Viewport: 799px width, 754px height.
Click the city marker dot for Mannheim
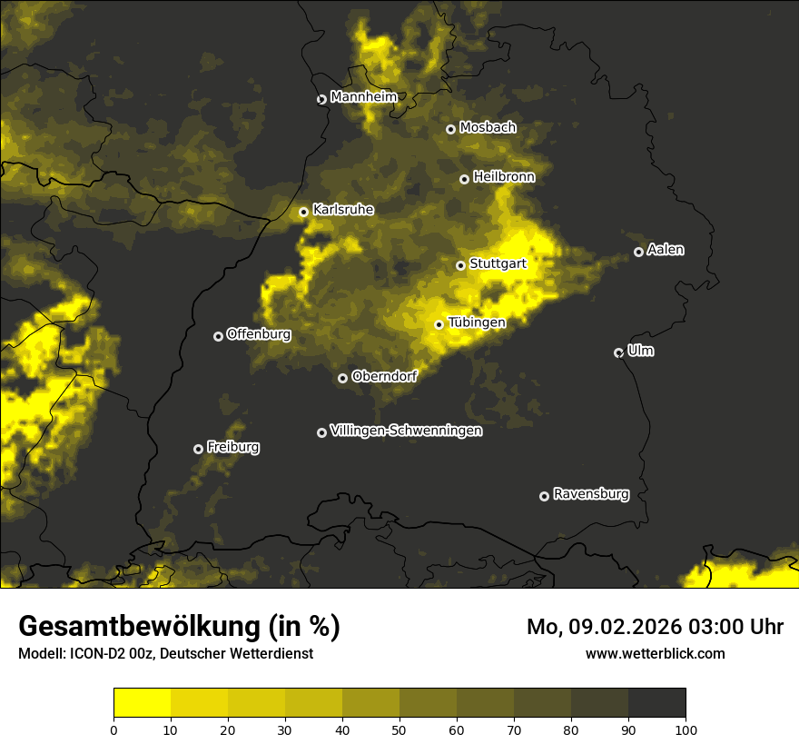[x=321, y=100]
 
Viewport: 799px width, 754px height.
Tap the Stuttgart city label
[x=498, y=264]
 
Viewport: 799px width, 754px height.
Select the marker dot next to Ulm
[x=618, y=352]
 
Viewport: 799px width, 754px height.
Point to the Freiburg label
[x=232, y=447]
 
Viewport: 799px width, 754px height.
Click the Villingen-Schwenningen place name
[x=406, y=431]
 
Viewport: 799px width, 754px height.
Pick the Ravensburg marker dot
[x=544, y=496]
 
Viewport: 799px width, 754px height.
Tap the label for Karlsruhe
[x=342, y=210]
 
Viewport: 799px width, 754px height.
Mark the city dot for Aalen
[x=638, y=252]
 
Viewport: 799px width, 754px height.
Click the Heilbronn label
[x=504, y=177]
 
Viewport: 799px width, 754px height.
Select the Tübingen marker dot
[x=439, y=324]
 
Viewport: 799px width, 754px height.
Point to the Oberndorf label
[x=384, y=376]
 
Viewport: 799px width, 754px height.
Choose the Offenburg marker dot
[x=218, y=336]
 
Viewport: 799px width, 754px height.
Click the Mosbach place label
[x=488, y=128]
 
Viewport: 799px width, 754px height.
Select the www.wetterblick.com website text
[x=656, y=653]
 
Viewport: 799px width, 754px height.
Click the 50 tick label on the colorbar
[x=399, y=729]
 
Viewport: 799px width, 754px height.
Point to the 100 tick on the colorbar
[x=686, y=729]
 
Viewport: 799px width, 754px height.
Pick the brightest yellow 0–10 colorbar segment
[x=143, y=703]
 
